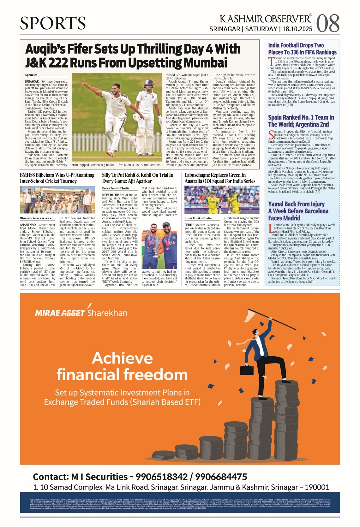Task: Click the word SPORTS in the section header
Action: coord(53,23)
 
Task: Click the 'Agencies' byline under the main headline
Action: coord(31,75)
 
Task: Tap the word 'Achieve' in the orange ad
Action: coord(122,358)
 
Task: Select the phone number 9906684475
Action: coord(221,477)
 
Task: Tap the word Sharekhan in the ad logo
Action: coord(107,313)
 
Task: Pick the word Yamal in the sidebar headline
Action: coord(277,204)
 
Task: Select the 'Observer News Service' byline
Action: coord(36,218)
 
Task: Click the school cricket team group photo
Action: coord(57,200)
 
